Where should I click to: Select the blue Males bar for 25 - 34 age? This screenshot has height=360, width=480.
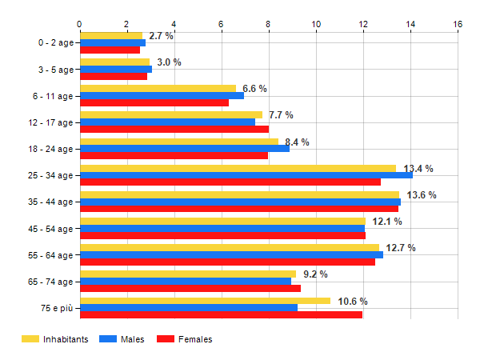[x=246, y=175]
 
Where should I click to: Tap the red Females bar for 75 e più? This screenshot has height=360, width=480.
[x=221, y=314]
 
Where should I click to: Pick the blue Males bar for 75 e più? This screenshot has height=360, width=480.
[x=188, y=308]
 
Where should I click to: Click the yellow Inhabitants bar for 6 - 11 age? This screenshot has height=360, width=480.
[x=158, y=88]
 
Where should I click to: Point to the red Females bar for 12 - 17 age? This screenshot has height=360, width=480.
[x=174, y=129]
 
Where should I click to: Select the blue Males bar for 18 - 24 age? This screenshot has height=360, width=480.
[x=184, y=148]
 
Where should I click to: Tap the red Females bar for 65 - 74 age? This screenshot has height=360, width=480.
[x=190, y=288]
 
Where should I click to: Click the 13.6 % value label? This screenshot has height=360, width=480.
[x=422, y=195]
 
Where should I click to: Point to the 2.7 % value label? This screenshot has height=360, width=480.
[x=161, y=36]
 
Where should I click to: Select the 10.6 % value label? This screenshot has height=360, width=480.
[x=353, y=302]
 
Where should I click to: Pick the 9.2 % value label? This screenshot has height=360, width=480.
[x=315, y=274]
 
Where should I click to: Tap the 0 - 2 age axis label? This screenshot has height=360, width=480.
[x=53, y=42]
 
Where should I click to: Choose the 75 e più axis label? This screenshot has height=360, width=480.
[x=54, y=309]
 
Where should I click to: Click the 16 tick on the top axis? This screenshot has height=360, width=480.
[x=458, y=23]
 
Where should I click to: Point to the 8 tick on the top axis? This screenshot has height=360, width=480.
[x=269, y=23]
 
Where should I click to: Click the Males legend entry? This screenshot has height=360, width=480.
[x=122, y=339]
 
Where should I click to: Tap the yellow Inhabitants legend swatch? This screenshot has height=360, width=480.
[x=30, y=339]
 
